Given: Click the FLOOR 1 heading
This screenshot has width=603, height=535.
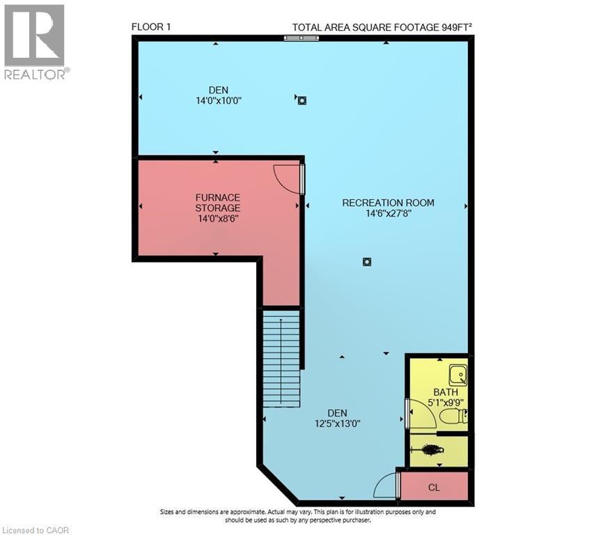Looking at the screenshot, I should point(151,27).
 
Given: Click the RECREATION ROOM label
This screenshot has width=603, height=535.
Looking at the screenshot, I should point(388,203).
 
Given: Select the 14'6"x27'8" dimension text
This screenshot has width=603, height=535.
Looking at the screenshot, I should point(388,214).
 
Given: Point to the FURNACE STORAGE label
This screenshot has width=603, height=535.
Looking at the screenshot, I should point(217,203).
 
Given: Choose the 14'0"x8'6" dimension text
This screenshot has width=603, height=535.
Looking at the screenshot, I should point(218,218).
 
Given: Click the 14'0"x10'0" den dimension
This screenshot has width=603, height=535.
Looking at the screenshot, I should point(219,100).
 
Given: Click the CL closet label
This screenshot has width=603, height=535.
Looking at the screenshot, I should point(434,488).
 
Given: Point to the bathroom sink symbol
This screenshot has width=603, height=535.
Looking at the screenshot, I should point(458,375).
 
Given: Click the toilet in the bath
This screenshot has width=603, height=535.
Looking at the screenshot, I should point(453,417).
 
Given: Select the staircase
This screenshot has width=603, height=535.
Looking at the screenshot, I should point(281,359).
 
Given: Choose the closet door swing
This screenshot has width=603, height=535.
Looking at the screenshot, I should point(385,486).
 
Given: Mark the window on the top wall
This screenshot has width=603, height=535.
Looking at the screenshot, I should point(301,38).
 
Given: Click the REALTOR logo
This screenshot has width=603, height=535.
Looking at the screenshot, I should point(35,42).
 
